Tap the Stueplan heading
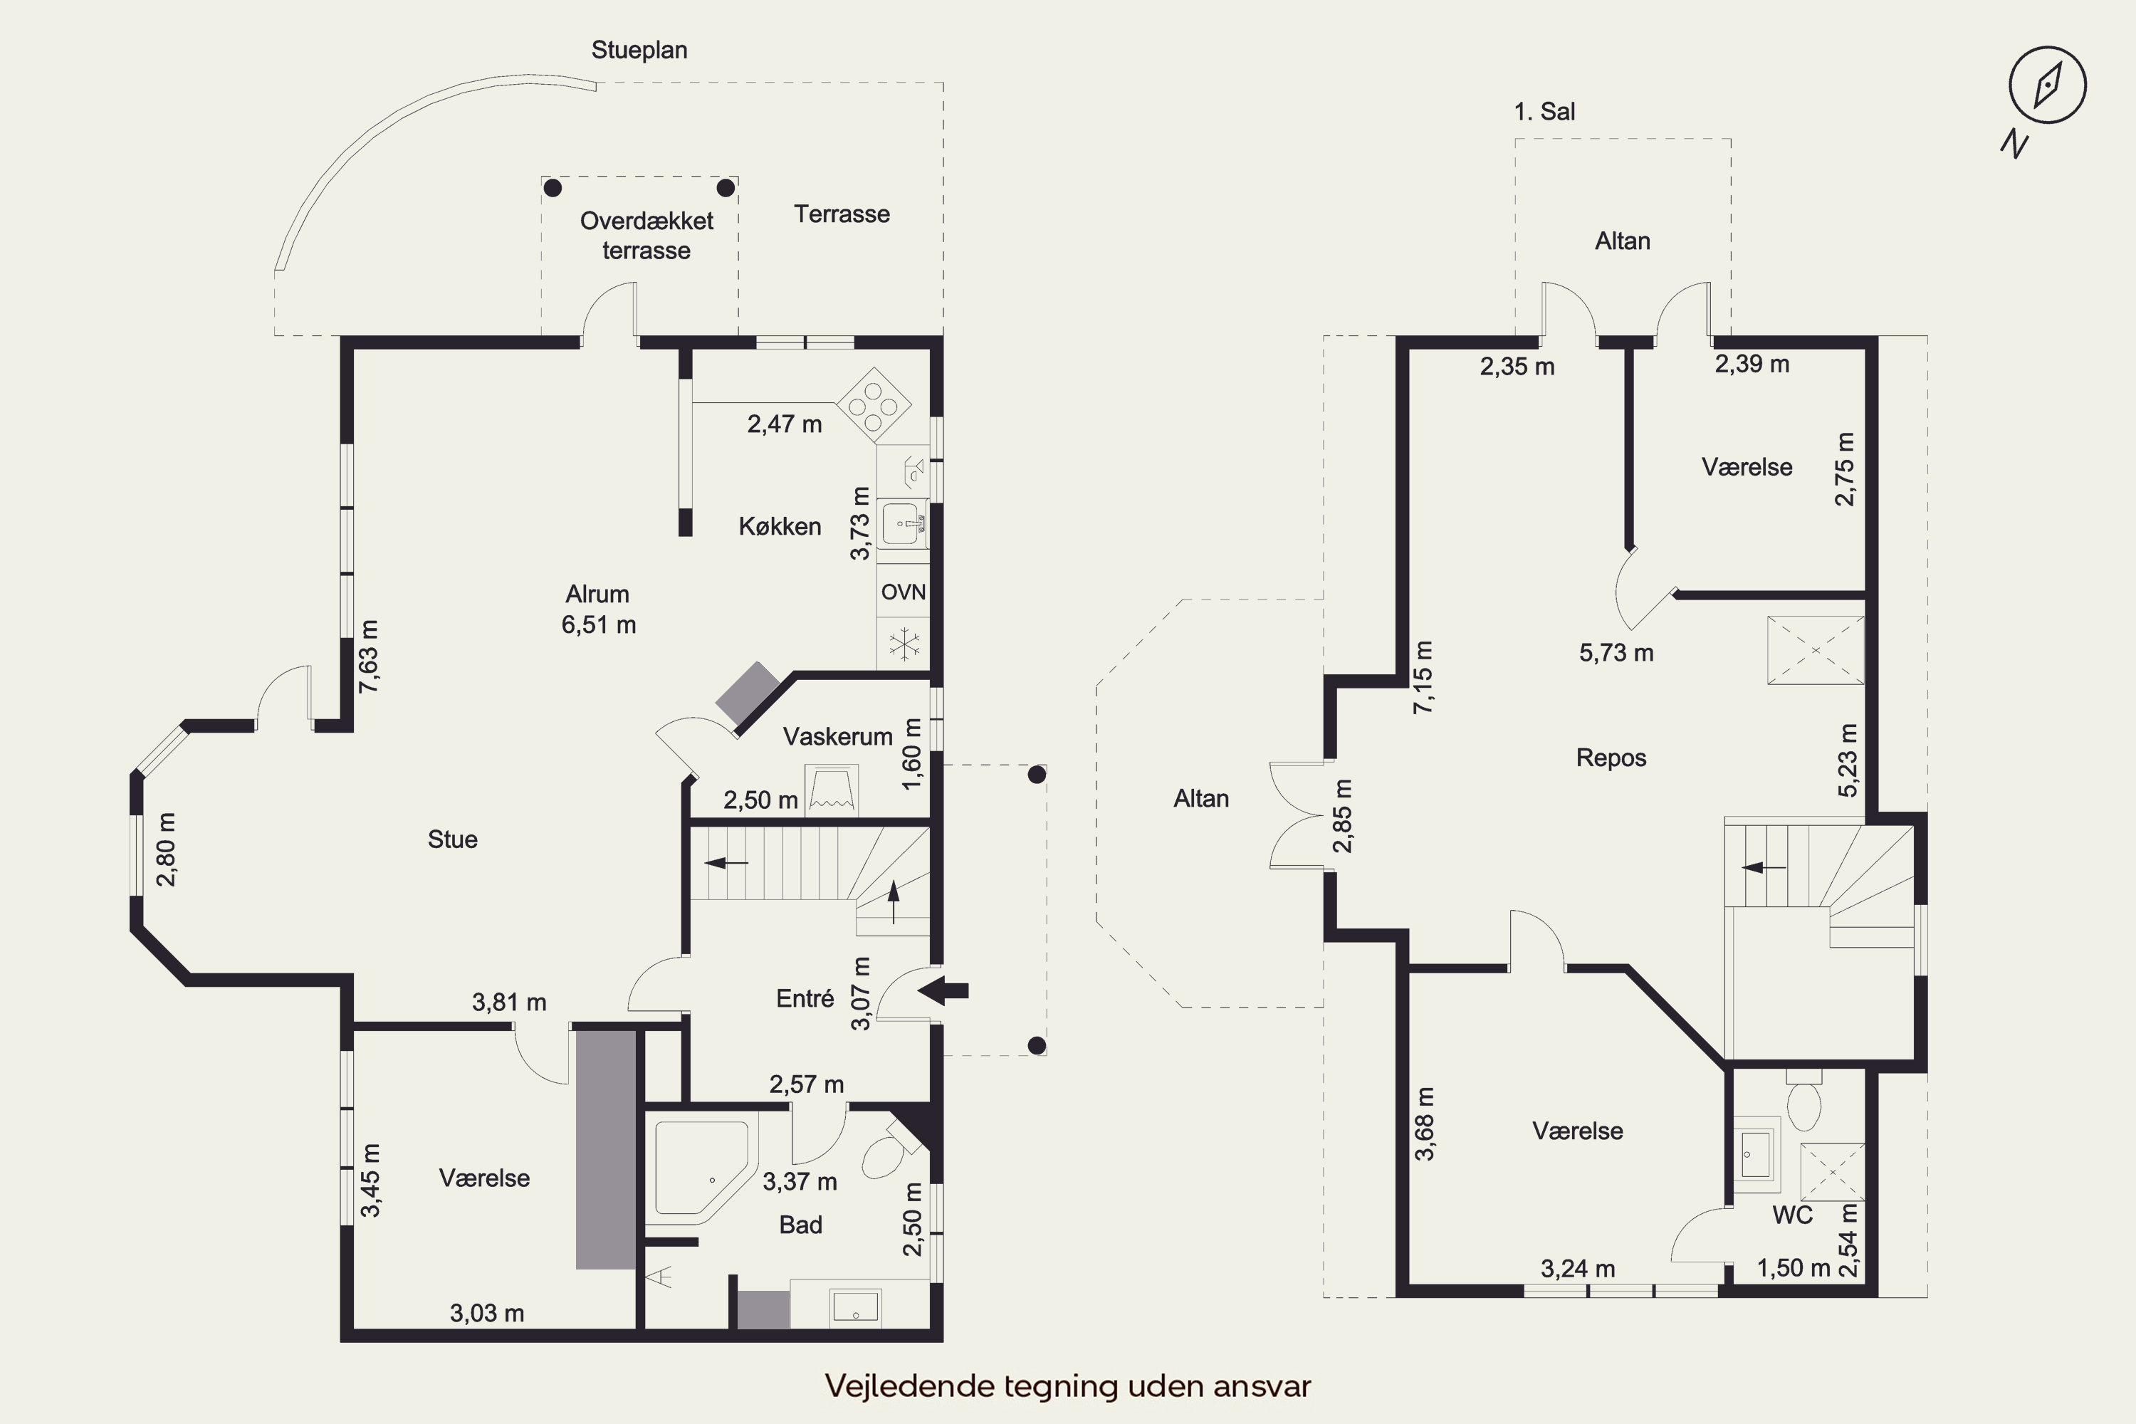(x=639, y=50)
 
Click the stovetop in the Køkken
(x=874, y=404)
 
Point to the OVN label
(x=904, y=592)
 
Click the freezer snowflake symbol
(x=904, y=644)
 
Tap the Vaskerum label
(x=837, y=736)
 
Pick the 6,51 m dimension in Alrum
(x=599, y=625)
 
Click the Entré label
(x=805, y=999)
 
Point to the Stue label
(x=452, y=839)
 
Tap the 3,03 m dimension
(x=487, y=1313)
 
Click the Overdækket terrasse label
(x=646, y=235)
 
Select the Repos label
(x=1611, y=758)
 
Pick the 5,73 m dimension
(x=1616, y=653)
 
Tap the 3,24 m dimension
(x=1579, y=1269)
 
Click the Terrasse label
(x=842, y=214)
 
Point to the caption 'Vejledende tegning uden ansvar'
(x=1068, y=1386)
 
